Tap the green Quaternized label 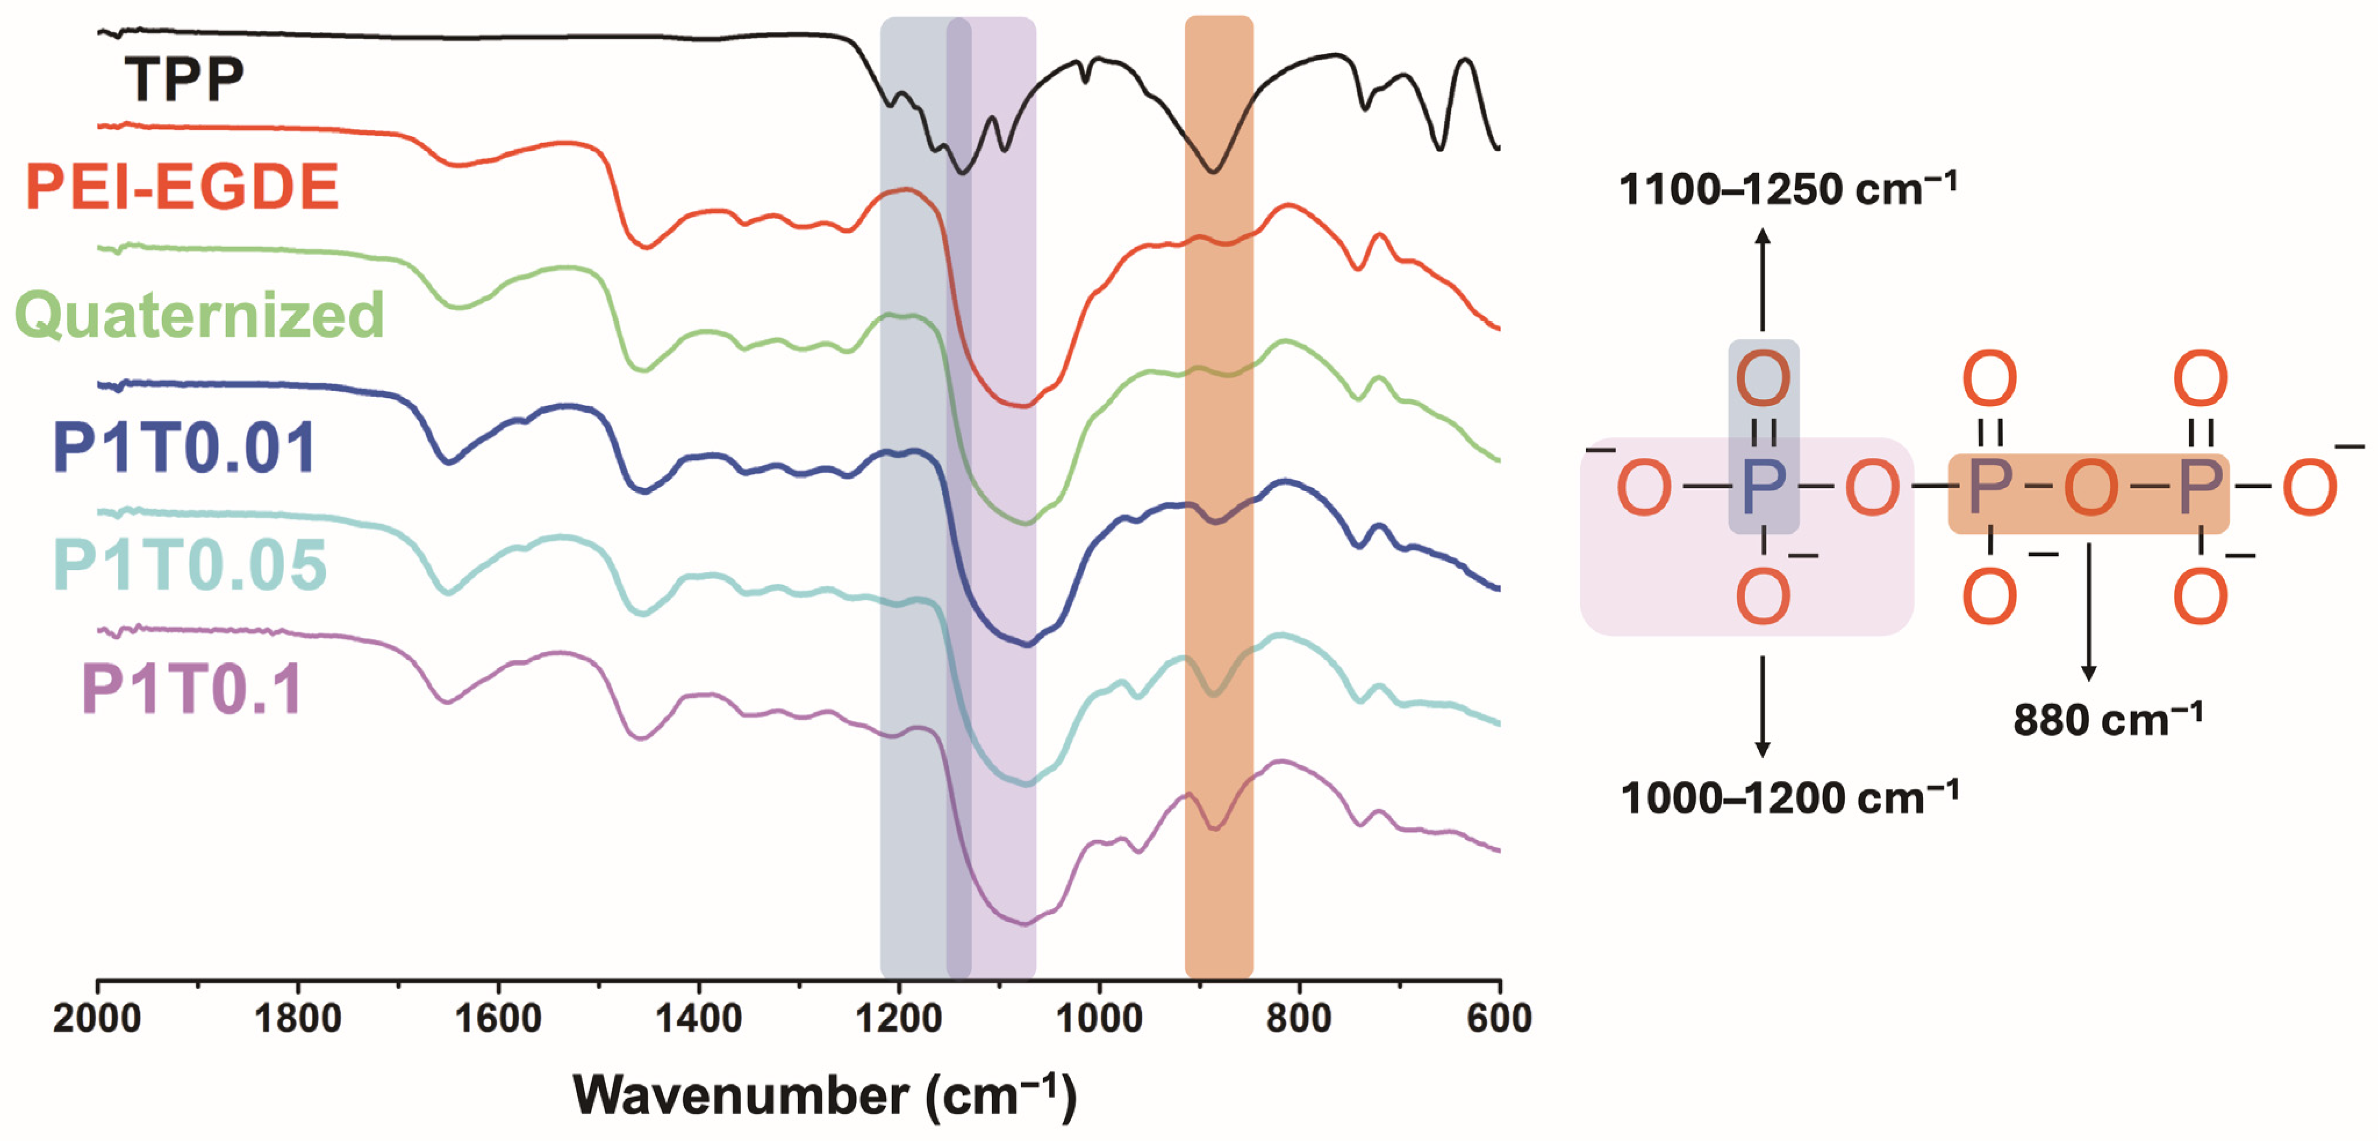pos(199,315)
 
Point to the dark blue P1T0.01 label pos(185,448)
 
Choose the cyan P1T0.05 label pos(190,565)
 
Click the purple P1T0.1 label pos(192,690)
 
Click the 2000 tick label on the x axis pos(97,1018)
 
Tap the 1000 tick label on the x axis pos(1098,1018)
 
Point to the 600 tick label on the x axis pos(1499,1018)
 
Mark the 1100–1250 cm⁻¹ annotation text pos(1788,189)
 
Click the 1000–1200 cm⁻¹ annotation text pos(1789,798)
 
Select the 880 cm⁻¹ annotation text pos(2108,720)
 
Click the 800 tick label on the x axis pos(1299,1018)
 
